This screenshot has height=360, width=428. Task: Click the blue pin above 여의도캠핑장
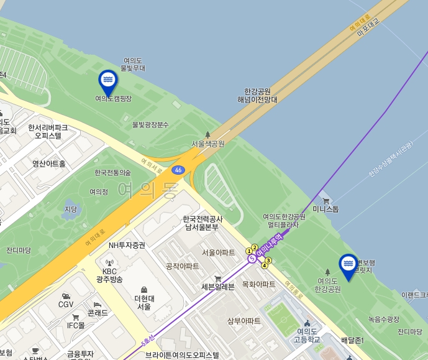[108, 81]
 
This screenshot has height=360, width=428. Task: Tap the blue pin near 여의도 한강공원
[348, 265]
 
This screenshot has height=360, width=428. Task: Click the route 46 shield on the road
[178, 170]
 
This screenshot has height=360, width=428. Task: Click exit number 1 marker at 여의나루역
[249, 251]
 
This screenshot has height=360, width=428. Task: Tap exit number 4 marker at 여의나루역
[265, 265]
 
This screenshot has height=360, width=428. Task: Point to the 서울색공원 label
[208, 144]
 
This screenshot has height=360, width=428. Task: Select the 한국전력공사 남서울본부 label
[202, 223]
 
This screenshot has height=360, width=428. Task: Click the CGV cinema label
[66, 304]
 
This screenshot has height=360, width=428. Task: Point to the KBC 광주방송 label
[109, 275]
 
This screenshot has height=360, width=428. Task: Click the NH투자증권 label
[127, 246]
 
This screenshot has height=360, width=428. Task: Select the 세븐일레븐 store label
[218, 287]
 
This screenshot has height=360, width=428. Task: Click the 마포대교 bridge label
[368, 25]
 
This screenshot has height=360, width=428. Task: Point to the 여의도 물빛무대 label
[133, 64]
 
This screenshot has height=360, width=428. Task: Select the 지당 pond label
[71, 210]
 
